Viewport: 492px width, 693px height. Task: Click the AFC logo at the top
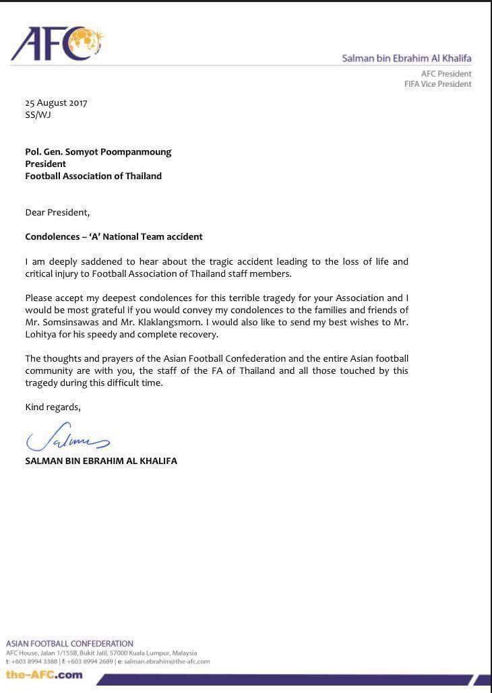(57, 44)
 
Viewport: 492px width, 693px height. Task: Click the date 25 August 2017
(56, 103)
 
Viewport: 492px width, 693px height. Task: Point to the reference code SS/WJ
(38, 114)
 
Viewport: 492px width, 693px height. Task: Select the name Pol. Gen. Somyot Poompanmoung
(98, 152)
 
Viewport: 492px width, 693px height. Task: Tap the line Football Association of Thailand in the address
(93, 176)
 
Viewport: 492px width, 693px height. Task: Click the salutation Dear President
(57, 212)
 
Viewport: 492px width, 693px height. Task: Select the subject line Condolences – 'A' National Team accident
(114, 236)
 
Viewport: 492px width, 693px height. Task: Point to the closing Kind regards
(53, 407)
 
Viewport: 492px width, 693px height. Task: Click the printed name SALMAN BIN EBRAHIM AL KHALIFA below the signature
(101, 461)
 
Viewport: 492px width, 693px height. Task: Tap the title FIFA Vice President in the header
(437, 84)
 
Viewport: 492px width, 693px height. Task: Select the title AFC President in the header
(446, 73)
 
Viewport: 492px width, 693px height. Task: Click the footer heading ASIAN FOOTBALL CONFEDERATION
(69, 643)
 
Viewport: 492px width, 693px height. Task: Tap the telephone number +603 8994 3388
(35, 661)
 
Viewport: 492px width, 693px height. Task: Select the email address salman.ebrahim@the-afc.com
(166, 661)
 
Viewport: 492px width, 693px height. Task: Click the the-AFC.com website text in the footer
(44, 674)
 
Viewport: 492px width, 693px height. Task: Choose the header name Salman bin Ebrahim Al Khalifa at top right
(406, 59)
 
